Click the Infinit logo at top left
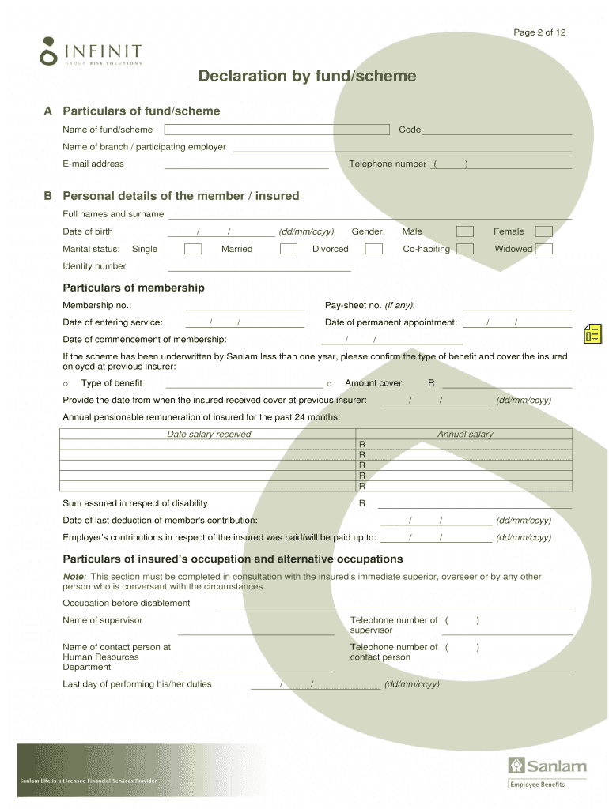point(90,51)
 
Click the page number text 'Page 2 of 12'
point(539,32)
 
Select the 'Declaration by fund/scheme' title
point(307,76)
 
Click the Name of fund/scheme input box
point(277,130)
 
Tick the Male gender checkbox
point(465,231)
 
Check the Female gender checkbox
point(543,231)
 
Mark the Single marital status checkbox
point(193,249)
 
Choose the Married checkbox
point(289,249)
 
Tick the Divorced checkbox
point(374,249)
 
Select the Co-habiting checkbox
point(465,249)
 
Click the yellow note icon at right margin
point(592,334)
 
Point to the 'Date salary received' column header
point(209,434)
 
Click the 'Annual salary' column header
point(465,434)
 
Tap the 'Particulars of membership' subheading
point(133,288)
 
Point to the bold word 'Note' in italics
point(73,577)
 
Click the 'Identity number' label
point(94,266)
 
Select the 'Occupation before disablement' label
point(127,603)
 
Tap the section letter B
point(47,196)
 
